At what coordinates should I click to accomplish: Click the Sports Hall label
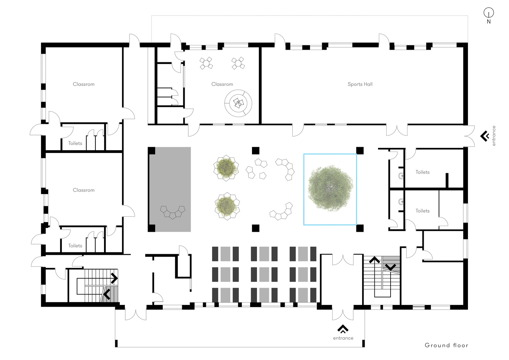pyautogui.click(x=360, y=84)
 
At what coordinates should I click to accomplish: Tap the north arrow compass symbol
pyautogui.click(x=488, y=13)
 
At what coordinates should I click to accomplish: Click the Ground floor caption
pyautogui.click(x=446, y=345)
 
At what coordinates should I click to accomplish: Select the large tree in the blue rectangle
pyautogui.click(x=330, y=188)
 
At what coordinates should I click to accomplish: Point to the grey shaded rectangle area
pyautogui.click(x=170, y=189)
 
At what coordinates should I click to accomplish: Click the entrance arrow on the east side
pyautogui.click(x=485, y=136)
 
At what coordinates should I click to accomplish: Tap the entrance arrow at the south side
pyautogui.click(x=343, y=329)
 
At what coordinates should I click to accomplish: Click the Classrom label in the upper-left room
pyautogui.click(x=84, y=84)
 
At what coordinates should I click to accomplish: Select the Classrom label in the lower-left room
pyautogui.click(x=84, y=190)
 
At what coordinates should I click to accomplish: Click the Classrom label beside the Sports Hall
pyautogui.click(x=222, y=84)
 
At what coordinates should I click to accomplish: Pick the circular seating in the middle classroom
pyautogui.click(x=238, y=103)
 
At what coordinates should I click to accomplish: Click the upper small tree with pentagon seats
pyautogui.click(x=226, y=168)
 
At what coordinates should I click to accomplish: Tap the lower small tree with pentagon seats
pyautogui.click(x=227, y=206)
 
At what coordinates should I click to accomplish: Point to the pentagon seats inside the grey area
pyautogui.click(x=173, y=212)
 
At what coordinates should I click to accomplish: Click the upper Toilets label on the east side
pyautogui.click(x=422, y=172)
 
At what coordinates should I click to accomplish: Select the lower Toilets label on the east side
pyautogui.click(x=422, y=211)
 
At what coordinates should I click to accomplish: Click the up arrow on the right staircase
pyautogui.click(x=374, y=260)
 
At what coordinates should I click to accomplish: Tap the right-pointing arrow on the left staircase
pyautogui.click(x=114, y=278)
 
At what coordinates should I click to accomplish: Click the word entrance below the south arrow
pyautogui.click(x=343, y=338)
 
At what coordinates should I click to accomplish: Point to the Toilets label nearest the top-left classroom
pyautogui.click(x=75, y=143)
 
